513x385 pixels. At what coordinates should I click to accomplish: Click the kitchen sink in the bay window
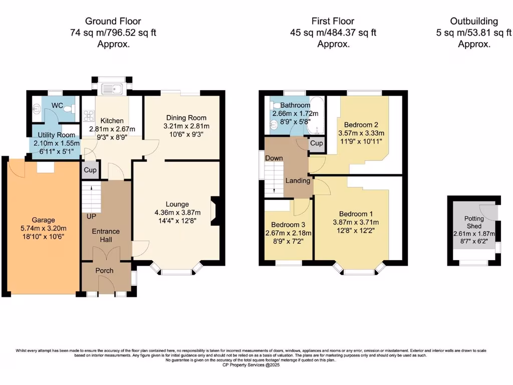(112, 89)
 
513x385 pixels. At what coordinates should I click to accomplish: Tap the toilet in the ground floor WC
(71, 109)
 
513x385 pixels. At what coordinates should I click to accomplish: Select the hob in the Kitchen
(89, 115)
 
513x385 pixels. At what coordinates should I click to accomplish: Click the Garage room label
(44, 220)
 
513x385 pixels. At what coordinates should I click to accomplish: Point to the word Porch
(104, 271)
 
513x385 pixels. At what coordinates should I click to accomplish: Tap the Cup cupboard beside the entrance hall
(90, 170)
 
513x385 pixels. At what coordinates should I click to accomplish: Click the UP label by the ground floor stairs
(92, 217)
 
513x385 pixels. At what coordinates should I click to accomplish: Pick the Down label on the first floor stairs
(274, 158)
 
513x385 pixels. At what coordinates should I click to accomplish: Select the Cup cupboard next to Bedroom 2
(316, 143)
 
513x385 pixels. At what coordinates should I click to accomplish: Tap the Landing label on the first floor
(298, 180)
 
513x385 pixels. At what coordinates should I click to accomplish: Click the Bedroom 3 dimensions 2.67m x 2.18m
(288, 234)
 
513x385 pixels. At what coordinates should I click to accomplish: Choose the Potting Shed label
(474, 223)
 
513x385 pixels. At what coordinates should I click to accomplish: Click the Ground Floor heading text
(113, 21)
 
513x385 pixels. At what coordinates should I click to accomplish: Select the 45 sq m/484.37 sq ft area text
(333, 33)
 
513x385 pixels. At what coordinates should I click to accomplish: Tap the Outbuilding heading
(473, 21)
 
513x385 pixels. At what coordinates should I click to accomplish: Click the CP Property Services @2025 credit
(251, 365)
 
